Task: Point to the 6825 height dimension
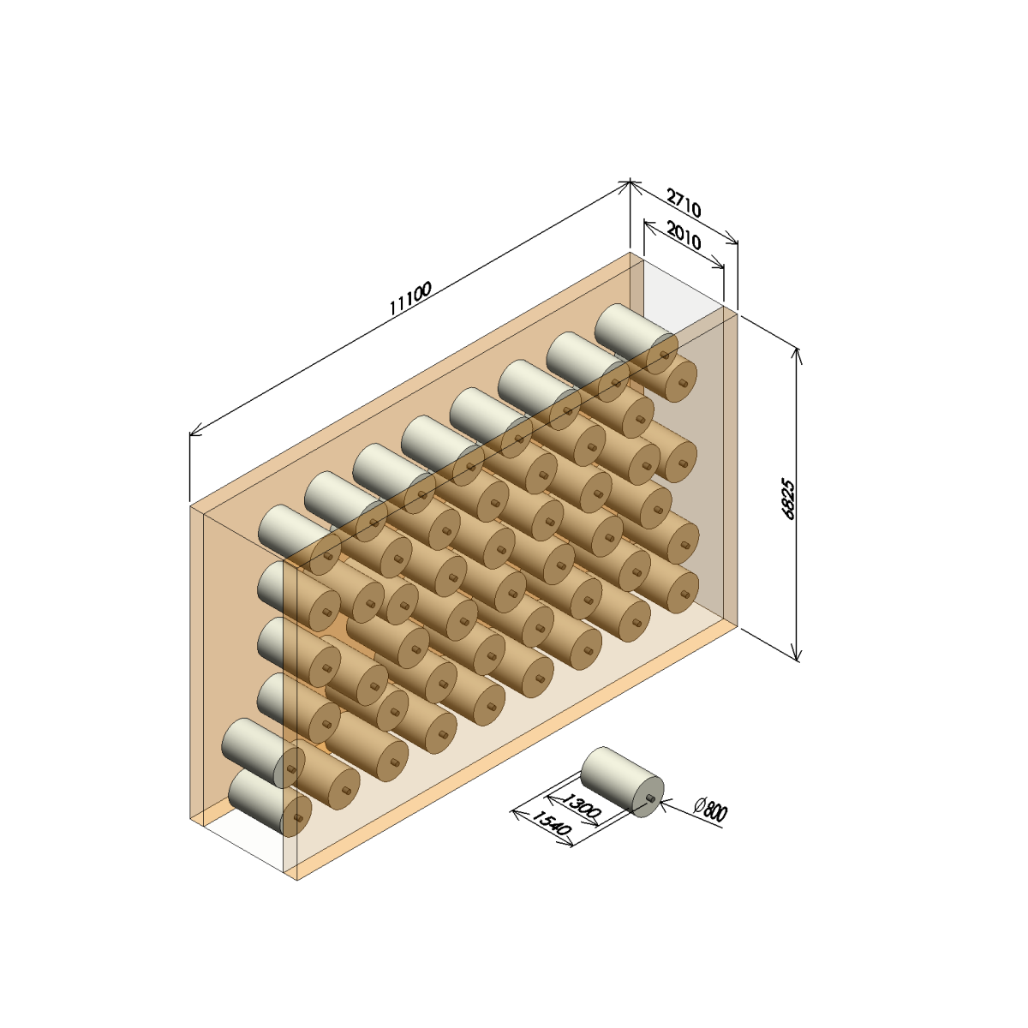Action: (x=788, y=499)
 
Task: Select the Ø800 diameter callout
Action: (x=710, y=810)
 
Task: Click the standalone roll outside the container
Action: (x=622, y=782)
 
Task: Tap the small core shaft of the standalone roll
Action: (x=649, y=798)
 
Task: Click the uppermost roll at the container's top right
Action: (x=636, y=339)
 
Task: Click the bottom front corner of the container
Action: (x=297, y=880)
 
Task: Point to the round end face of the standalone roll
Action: (x=649, y=798)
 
